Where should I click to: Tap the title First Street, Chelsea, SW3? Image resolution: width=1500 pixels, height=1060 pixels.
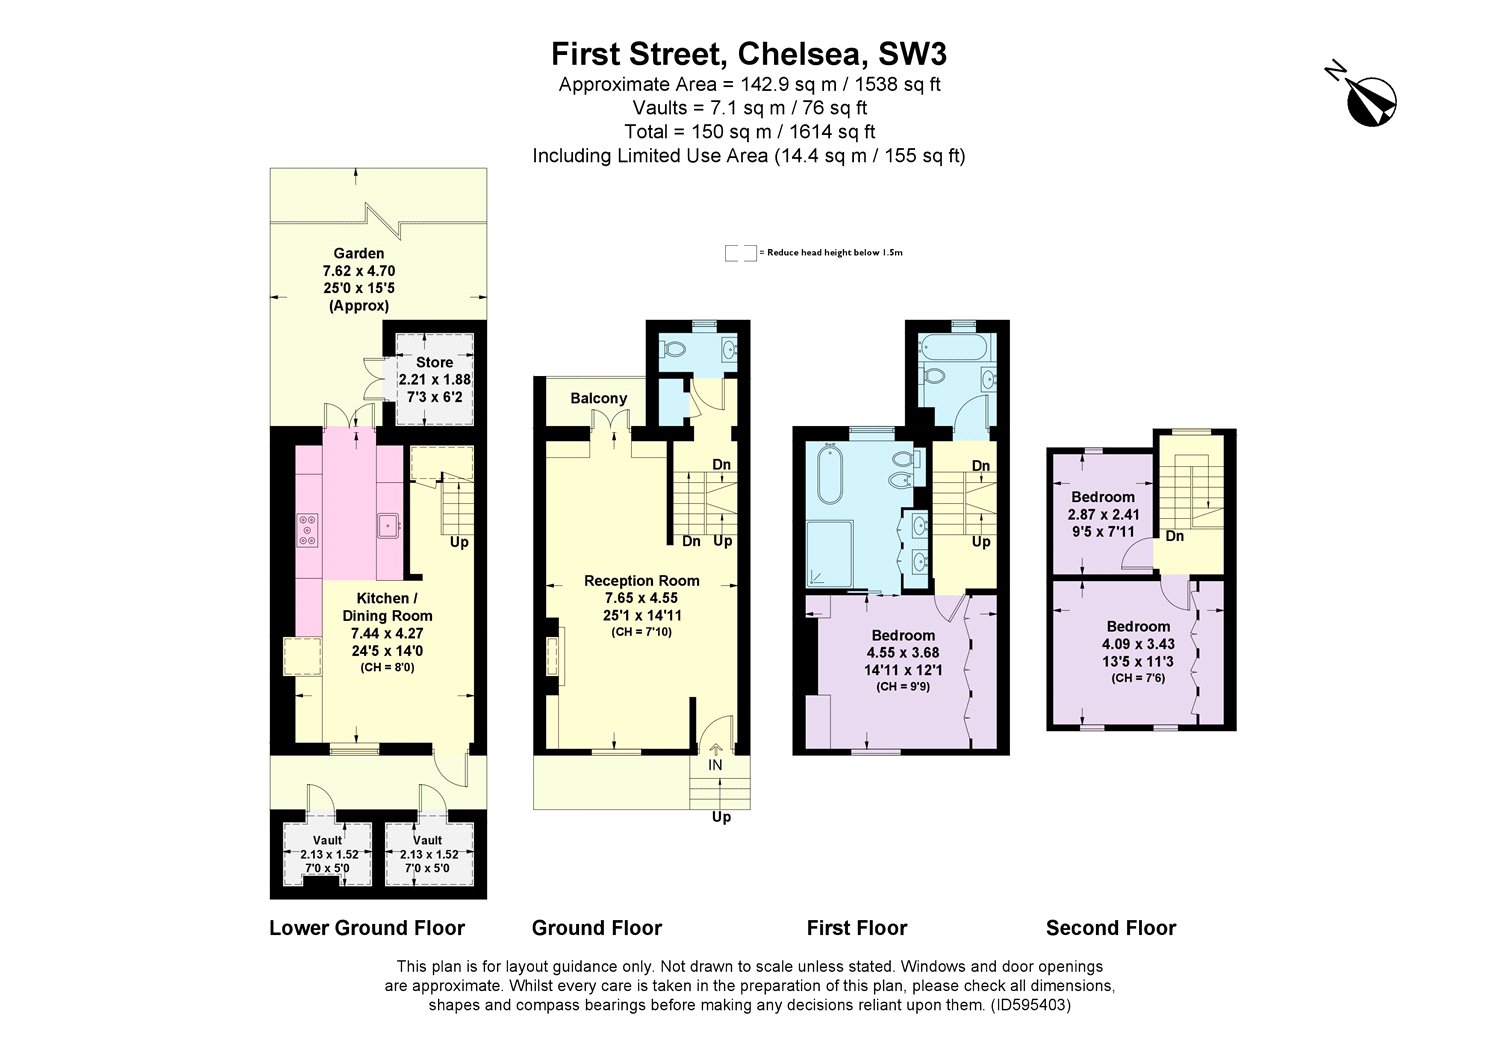click(749, 53)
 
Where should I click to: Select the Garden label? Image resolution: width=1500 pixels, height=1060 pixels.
click(359, 254)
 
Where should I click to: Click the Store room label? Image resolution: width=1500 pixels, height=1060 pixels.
click(434, 362)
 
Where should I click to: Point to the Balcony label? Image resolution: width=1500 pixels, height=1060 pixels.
click(598, 398)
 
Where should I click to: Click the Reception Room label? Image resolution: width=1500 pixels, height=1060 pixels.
click(641, 580)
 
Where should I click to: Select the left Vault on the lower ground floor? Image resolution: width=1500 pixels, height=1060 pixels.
click(328, 854)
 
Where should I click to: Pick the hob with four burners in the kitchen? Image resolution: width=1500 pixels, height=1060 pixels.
click(308, 529)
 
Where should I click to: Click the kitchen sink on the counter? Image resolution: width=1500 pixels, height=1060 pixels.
click(388, 524)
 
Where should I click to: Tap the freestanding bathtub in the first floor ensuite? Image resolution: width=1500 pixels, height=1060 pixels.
click(830, 474)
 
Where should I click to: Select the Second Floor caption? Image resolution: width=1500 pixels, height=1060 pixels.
click(1110, 928)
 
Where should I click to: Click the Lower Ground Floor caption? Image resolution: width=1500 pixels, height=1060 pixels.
click(367, 928)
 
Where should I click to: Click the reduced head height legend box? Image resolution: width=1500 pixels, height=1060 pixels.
click(740, 252)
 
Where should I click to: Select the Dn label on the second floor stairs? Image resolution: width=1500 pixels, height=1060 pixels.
click(1175, 536)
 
